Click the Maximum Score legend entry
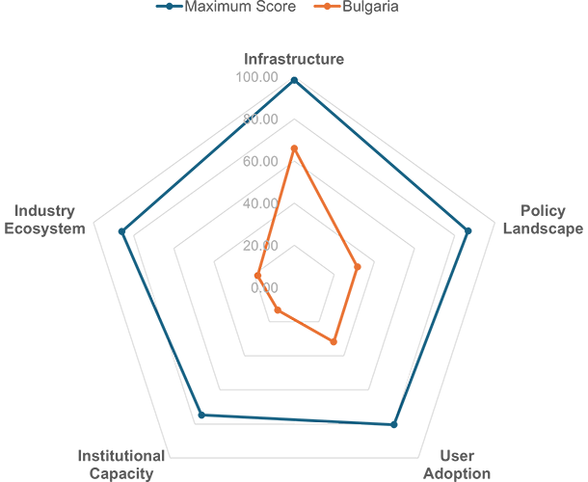pyautogui.click(x=227, y=7)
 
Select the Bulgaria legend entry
pyautogui.click(x=357, y=7)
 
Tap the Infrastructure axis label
pyautogui.click(x=294, y=59)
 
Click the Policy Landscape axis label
pyautogui.click(x=543, y=220)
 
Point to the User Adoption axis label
pyautogui.click(x=457, y=465)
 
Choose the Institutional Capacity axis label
pyautogui.click(x=121, y=465)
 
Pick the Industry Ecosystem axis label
pyautogui.click(x=44, y=220)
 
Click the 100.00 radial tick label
pyautogui.click(x=256, y=77)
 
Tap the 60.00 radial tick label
pyautogui.click(x=260, y=161)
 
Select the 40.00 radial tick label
pyautogui.click(x=260, y=203)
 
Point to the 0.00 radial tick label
pyautogui.click(x=264, y=287)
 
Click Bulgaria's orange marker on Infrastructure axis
pyautogui.click(x=294, y=148)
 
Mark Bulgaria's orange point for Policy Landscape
pyautogui.click(x=358, y=267)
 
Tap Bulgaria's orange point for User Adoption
pyautogui.click(x=334, y=341)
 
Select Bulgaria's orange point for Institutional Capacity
pyautogui.click(x=278, y=310)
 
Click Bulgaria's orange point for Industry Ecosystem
pyautogui.click(x=257, y=276)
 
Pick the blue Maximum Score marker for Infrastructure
pyautogui.click(x=294, y=80)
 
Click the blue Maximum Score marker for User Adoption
pyautogui.click(x=393, y=424)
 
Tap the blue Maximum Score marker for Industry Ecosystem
pyautogui.click(x=121, y=231)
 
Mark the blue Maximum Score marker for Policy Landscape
pyautogui.click(x=468, y=231)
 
